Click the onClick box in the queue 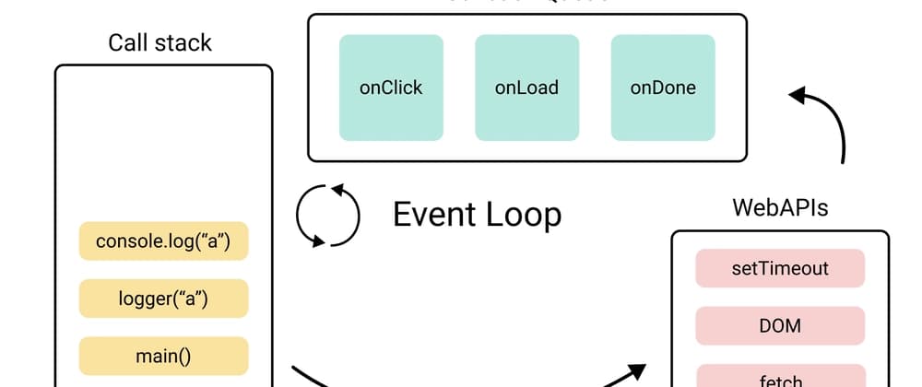[391, 88]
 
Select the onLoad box [526, 88]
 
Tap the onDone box [663, 88]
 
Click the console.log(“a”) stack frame [163, 241]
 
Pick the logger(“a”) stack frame [163, 299]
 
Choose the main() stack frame [163, 356]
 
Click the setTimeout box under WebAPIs [780, 268]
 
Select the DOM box [780, 325]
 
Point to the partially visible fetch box [780, 378]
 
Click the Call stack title [160, 42]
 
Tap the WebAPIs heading [780, 207]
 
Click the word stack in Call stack [183, 42]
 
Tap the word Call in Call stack [128, 42]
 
